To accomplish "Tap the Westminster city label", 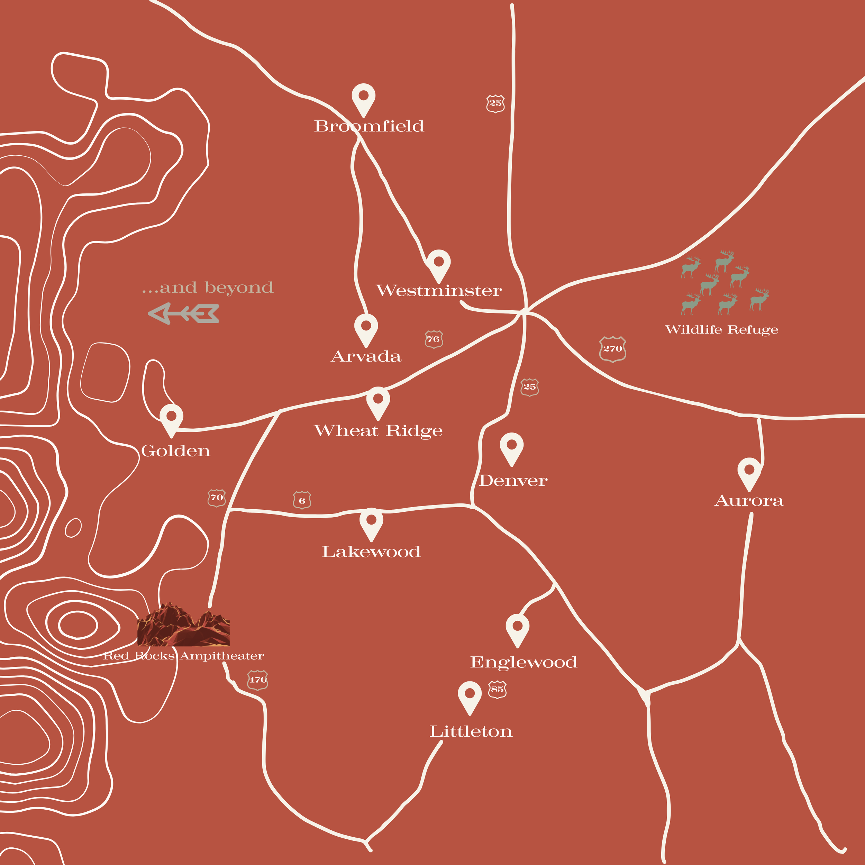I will (x=439, y=291).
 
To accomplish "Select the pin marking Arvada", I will (x=366, y=328).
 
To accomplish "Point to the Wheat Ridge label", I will (x=378, y=431).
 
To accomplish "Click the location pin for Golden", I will (x=172, y=418).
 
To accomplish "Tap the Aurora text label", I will (x=749, y=501).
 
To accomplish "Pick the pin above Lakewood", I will (x=371, y=522).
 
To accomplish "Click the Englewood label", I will (x=523, y=662).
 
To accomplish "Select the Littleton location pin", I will (x=469, y=695).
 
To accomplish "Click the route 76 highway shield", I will (x=434, y=339).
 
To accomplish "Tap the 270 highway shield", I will (x=612, y=349).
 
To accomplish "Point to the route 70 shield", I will (x=217, y=498).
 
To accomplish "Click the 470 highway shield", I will (x=257, y=680).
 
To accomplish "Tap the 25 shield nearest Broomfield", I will (x=495, y=103).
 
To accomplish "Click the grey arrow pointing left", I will (x=184, y=313).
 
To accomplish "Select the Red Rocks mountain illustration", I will (x=184, y=625).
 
